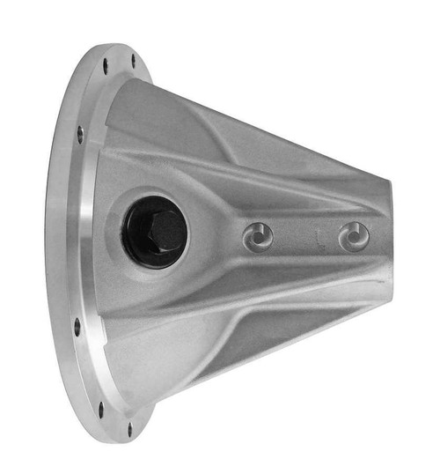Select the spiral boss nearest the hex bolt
(x=258, y=236)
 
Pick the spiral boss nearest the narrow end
(x=354, y=236)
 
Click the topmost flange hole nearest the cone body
(x=134, y=60)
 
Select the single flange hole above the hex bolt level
(x=80, y=134)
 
